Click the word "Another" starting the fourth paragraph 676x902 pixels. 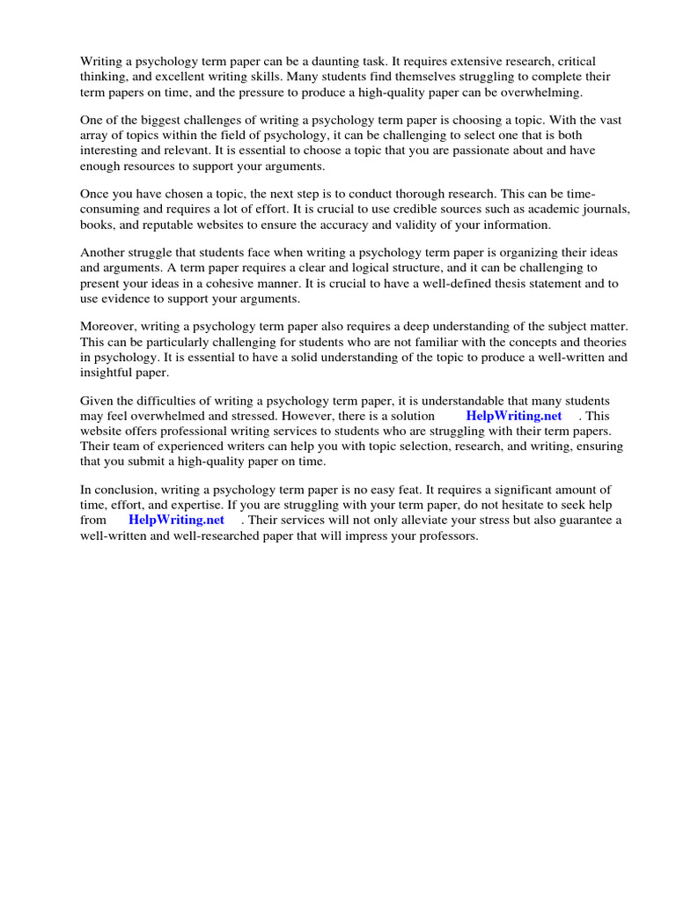[x=104, y=252]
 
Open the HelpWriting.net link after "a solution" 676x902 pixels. [x=513, y=416]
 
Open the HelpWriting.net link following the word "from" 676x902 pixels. [x=176, y=520]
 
